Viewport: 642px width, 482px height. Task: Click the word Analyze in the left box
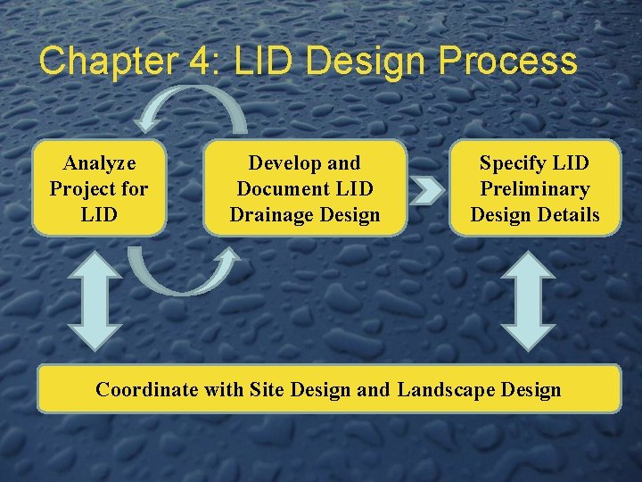pyautogui.click(x=99, y=163)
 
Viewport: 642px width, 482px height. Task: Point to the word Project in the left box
pyautogui.click(x=82, y=189)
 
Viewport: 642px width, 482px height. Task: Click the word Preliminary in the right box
pyautogui.click(x=534, y=189)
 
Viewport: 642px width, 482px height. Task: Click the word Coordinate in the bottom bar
pyautogui.click(x=147, y=389)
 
